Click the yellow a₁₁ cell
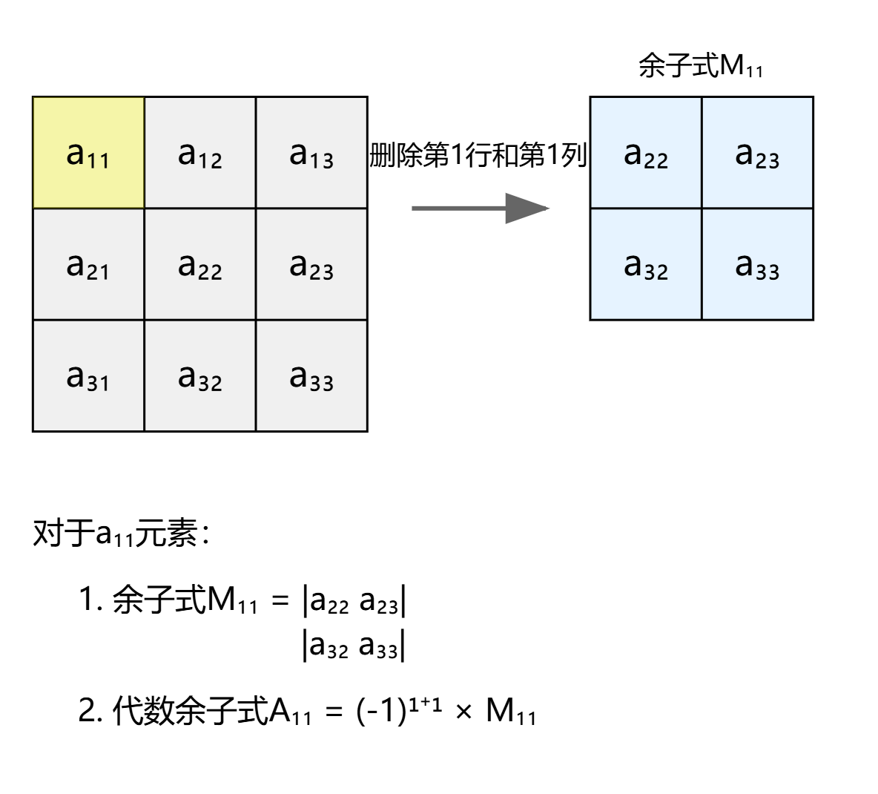(88, 153)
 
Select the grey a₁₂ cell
(200, 153)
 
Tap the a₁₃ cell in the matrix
(311, 153)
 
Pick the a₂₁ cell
(88, 264)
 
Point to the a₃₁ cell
(88, 375)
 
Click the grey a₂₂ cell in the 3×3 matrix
(200, 264)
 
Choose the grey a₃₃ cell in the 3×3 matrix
(311, 375)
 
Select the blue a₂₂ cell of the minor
(646, 153)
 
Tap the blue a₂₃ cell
(757, 153)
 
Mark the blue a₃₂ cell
(646, 264)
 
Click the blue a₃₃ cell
(757, 264)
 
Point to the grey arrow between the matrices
(480, 209)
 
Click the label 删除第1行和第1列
(478, 155)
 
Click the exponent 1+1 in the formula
(426, 703)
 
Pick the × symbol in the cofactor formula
(464, 712)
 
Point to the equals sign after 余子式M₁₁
(280, 600)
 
